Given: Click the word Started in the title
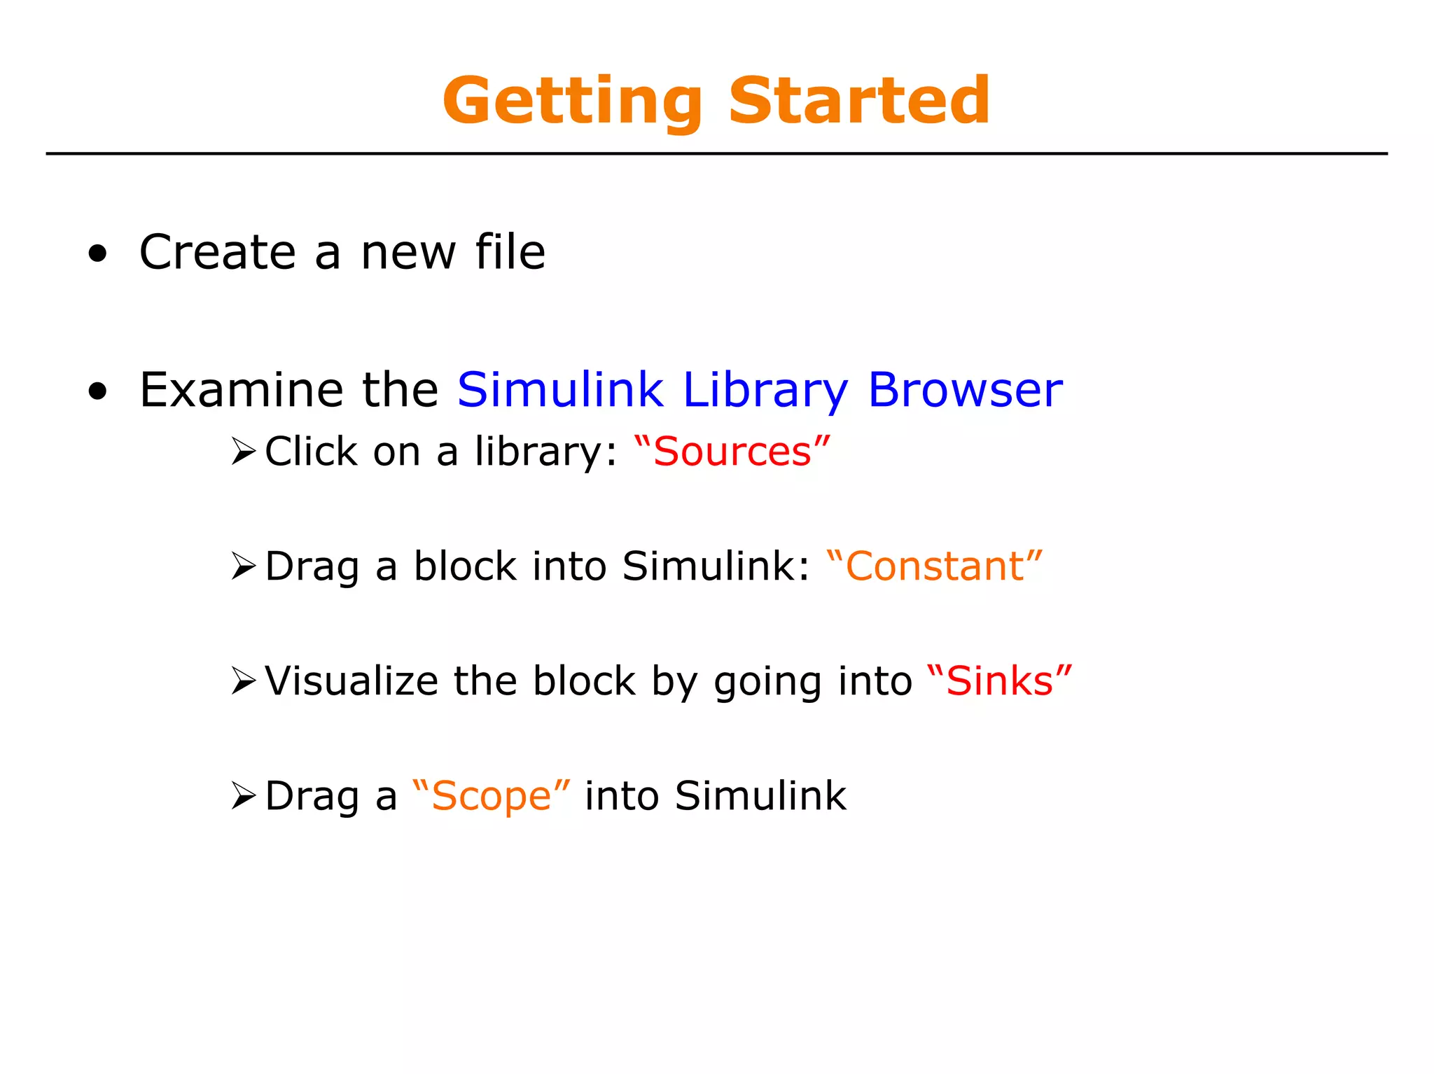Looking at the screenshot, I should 859,101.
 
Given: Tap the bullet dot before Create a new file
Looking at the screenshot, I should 98,255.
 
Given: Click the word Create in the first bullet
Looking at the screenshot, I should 218,252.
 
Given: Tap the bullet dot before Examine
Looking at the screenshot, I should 98,393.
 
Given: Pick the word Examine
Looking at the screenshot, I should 241,390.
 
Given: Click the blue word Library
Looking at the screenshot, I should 765,391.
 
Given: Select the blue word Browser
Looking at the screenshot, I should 965,390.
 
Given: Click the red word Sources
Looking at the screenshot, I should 732,452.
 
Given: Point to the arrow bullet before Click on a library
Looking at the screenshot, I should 244,452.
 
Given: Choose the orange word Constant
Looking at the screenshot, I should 934,566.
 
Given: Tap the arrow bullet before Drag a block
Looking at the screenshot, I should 244,566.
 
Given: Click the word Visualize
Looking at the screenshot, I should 351,681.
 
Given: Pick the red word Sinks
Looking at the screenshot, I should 999,681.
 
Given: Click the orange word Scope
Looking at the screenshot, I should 492,796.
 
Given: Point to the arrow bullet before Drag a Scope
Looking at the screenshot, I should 244,796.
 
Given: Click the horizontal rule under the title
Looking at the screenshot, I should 716,153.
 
